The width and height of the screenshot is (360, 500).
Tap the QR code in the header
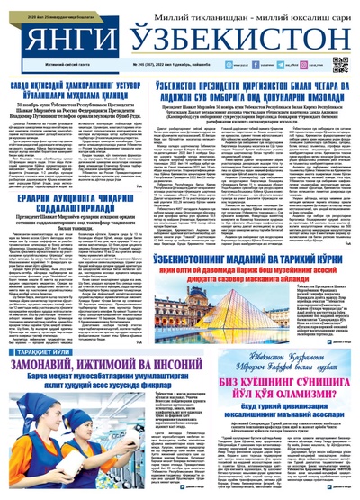pyautogui.click(x=340, y=64)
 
